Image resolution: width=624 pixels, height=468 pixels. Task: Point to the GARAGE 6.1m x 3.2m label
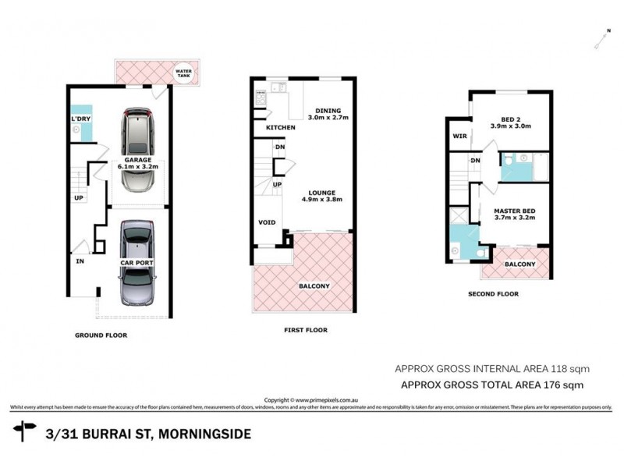(137, 162)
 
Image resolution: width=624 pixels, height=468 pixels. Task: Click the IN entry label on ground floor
(80, 262)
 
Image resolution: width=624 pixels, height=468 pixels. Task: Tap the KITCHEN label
(281, 127)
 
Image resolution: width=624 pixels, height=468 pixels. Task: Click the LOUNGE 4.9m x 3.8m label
(321, 196)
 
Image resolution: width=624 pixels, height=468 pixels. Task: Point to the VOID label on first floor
(267, 223)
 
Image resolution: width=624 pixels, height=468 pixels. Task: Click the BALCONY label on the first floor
(314, 286)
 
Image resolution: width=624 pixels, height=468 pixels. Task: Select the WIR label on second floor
(459, 136)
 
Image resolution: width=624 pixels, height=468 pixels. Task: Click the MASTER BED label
(516, 214)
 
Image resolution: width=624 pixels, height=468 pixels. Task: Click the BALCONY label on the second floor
(520, 264)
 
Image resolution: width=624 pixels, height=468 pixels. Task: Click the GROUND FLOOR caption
(101, 335)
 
